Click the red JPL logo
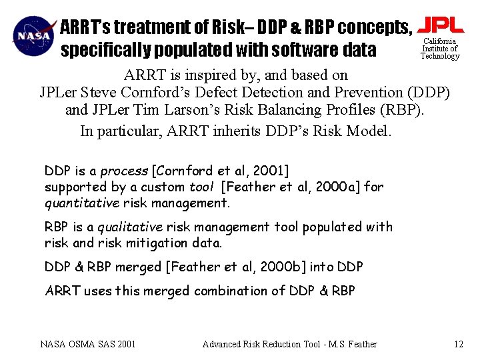pos(440,25)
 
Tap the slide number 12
pos(458,344)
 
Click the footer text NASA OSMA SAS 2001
pos(88,344)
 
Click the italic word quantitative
pos(80,202)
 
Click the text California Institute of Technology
pos(440,49)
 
